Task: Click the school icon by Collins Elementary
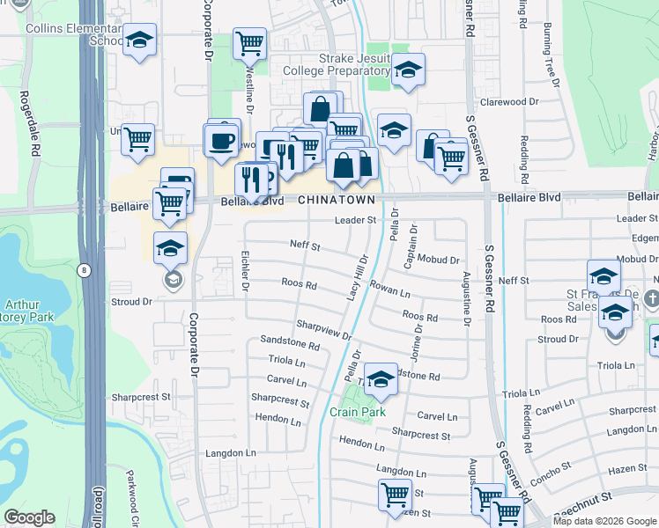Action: pos(139,40)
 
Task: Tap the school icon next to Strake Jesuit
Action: pos(408,70)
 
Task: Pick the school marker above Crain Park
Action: pos(381,379)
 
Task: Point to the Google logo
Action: pos(29,517)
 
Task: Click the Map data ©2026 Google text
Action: pos(604,521)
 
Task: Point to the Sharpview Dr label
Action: pos(324,331)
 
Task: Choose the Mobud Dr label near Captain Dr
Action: pos(439,260)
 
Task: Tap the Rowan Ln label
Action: pos(391,290)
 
